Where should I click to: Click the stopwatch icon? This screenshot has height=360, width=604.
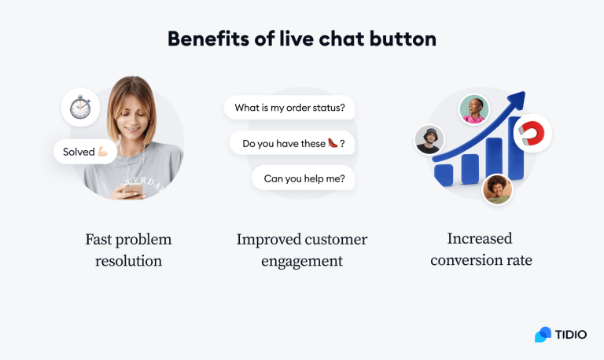click(80, 108)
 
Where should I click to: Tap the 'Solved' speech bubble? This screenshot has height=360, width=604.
click(85, 152)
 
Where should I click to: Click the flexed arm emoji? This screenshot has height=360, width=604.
click(102, 152)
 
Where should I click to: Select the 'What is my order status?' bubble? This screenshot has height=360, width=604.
click(289, 108)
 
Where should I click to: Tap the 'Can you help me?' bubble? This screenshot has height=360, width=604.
click(304, 178)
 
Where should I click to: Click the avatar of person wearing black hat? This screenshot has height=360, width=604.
click(429, 140)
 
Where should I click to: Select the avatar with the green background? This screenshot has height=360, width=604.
click(474, 109)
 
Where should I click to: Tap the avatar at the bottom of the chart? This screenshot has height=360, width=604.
click(497, 189)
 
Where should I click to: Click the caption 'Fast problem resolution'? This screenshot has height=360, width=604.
click(128, 249)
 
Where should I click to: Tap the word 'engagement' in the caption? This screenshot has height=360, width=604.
click(302, 260)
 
